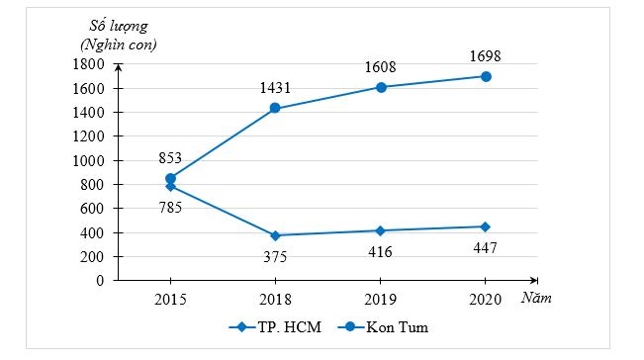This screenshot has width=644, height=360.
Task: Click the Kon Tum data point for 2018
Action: (275, 108)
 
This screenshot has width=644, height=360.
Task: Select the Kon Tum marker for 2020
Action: (486, 76)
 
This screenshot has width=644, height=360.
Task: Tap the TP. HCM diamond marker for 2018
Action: (275, 235)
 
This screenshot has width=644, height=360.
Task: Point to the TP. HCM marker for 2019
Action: (380, 230)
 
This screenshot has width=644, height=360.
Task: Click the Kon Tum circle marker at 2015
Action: (170, 178)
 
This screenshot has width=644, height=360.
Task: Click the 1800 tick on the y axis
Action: (89, 64)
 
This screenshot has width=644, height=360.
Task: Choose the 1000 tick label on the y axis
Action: (89, 160)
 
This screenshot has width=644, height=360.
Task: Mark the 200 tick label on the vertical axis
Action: (93, 256)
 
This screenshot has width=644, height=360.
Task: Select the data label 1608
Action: (380, 64)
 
